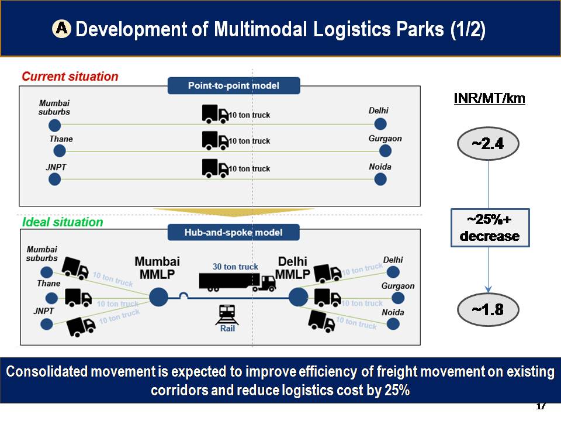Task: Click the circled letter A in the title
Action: point(61,28)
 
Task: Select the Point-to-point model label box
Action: point(234,86)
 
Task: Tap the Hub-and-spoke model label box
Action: point(234,232)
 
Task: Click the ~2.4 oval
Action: point(488,144)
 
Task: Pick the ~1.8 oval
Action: point(488,309)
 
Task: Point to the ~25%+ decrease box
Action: point(490,228)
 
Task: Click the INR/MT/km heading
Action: point(490,98)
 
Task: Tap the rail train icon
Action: point(227,315)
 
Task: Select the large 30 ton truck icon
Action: point(237,281)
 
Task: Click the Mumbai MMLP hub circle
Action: point(158,297)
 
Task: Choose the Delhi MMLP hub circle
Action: point(298,297)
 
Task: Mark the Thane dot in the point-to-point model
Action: point(59,151)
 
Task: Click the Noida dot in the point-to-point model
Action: point(380,179)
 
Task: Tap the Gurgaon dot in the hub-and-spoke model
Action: point(398,298)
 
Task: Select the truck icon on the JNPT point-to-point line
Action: point(215,168)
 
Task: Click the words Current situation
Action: point(70,77)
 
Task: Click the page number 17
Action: point(541,406)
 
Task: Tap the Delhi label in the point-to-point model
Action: point(379,111)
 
